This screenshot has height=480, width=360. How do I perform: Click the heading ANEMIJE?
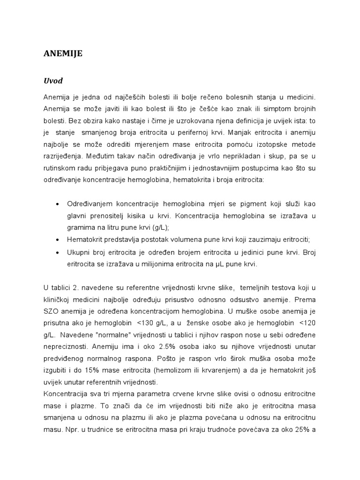[63, 54]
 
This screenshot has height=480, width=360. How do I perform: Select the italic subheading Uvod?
[52, 81]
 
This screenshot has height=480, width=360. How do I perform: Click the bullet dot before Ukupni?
[57, 252]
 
